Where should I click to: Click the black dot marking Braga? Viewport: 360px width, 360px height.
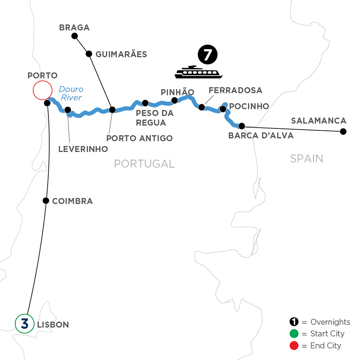(74, 36)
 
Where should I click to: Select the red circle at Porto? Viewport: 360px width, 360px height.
(42, 90)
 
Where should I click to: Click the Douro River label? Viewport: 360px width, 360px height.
(71, 94)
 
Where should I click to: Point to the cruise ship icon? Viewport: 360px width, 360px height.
(199, 72)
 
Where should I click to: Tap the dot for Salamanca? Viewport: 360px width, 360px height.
(342, 131)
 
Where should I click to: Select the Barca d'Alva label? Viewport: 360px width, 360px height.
(261, 136)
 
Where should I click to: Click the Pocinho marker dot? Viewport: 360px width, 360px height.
(223, 108)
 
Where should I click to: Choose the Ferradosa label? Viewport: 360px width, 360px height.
(235, 90)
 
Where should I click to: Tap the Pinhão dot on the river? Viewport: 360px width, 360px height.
(174, 100)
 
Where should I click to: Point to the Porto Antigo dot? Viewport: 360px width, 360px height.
(112, 110)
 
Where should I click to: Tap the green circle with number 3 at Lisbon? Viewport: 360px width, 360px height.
(24, 324)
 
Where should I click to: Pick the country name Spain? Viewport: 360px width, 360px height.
(306, 159)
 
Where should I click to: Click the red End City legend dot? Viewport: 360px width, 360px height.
(294, 345)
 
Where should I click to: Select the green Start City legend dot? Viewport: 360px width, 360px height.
(294, 334)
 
